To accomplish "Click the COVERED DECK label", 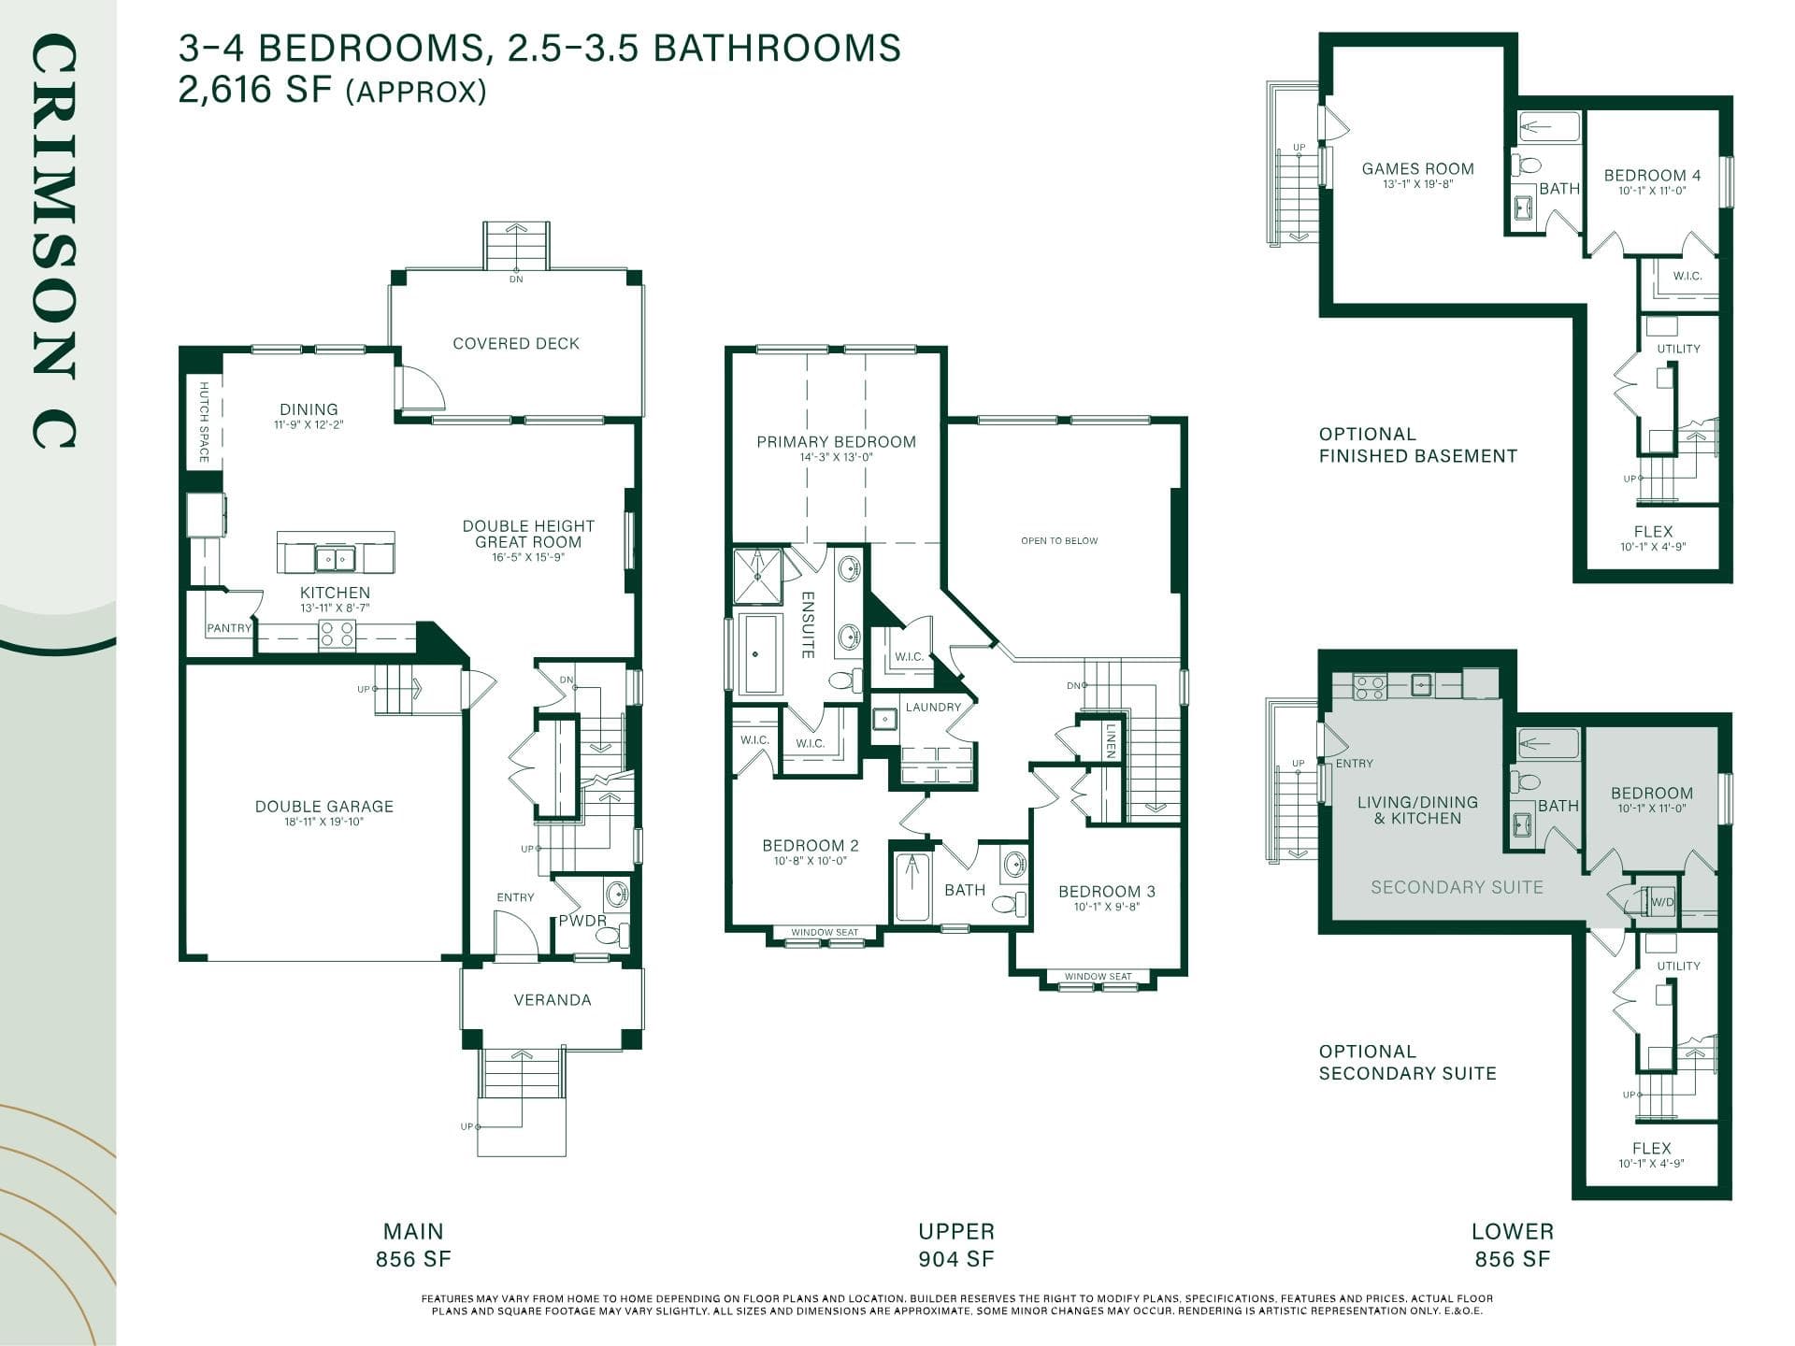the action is (x=516, y=344).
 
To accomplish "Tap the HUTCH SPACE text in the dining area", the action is (x=204, y=422).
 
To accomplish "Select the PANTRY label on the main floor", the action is (x=229, y=628).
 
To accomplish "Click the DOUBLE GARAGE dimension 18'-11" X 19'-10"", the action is (x=323, y=823).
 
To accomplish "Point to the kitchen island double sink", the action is (x=335, y=559).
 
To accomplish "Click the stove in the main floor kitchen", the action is (x=337, y=635).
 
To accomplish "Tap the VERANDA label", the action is (x=553, y=1000).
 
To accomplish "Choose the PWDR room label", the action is (x=582, y=921).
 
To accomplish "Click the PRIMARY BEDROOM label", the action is (x=836, y=442).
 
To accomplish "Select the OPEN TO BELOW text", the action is (x=1059, y=541).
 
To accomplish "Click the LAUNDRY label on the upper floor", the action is (x=933, y=708).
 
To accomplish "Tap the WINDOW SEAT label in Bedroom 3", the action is (x=1098, y=977).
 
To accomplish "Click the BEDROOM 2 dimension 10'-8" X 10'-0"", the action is (x=810, y=861).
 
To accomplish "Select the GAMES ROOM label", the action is (x=1417, y=169).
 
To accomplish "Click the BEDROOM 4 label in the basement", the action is (x=1652, y=176).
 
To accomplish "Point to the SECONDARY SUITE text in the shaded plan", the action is (x=1457, y=887).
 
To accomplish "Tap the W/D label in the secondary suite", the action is (x=1661, y=903).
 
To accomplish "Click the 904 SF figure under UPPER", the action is (x=956, y=1259).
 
